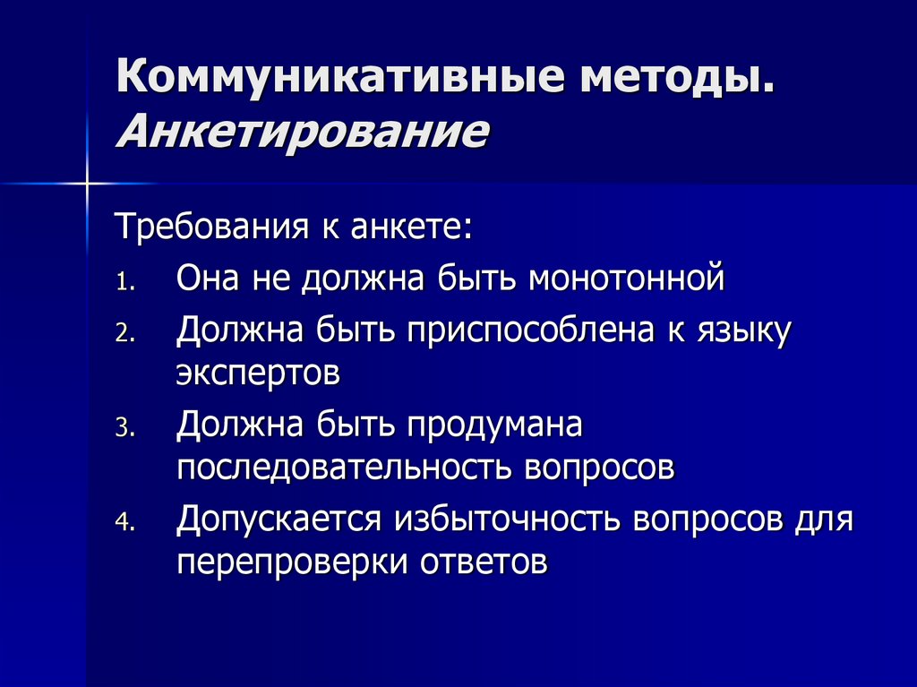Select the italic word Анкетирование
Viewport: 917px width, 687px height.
coord(303,133)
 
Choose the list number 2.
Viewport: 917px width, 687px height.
coord(124,335)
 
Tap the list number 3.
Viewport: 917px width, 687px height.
coord(124,428)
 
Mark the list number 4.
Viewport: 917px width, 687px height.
coord(124,523)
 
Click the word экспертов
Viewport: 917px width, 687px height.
coord(258,373)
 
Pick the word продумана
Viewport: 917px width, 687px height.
coord(495,425)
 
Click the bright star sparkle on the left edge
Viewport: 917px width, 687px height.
coord(88,184)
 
